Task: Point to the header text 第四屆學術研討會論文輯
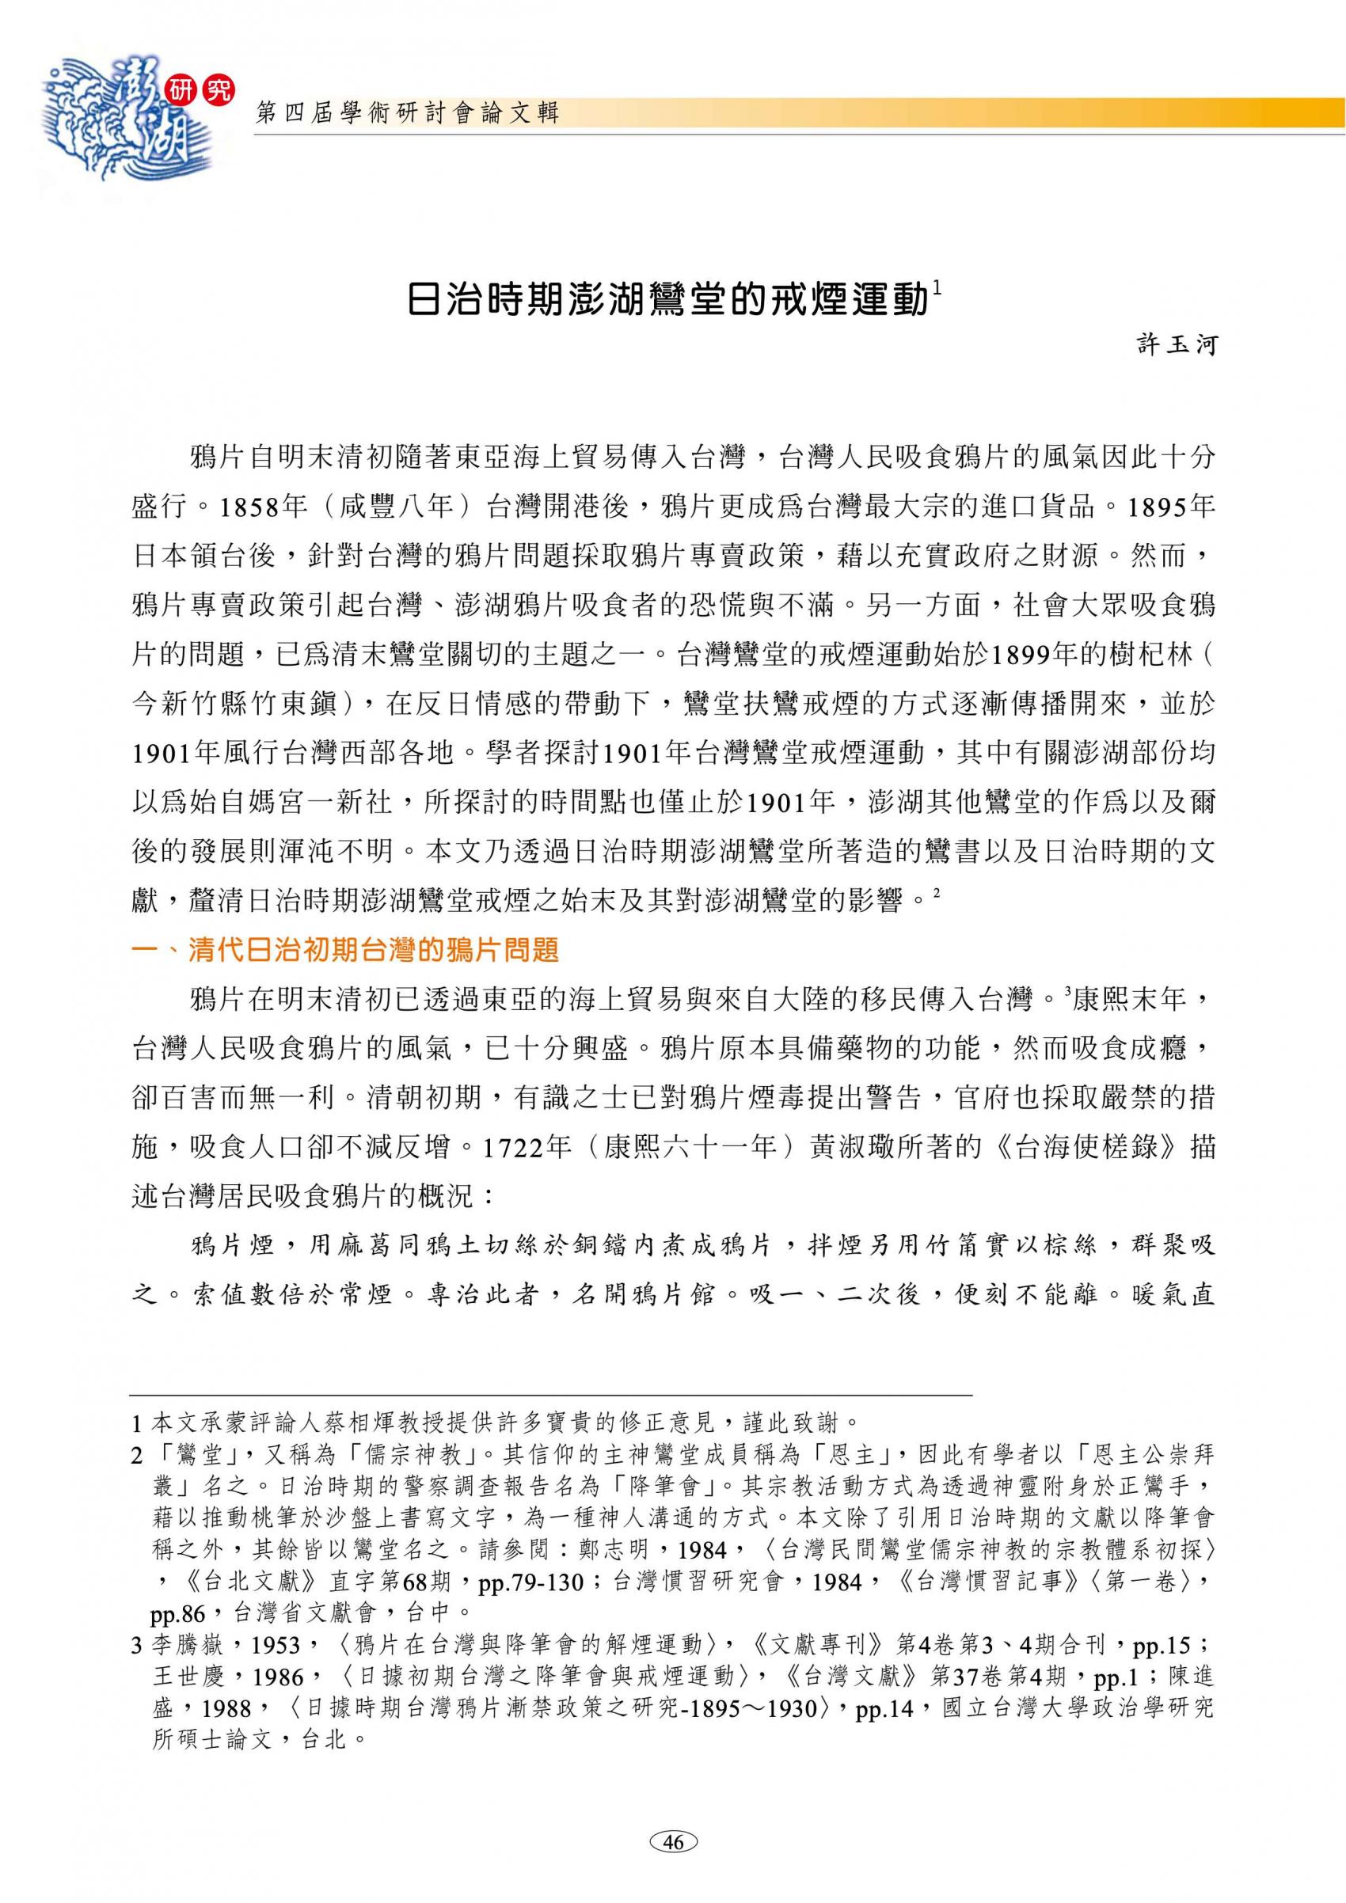408,113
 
